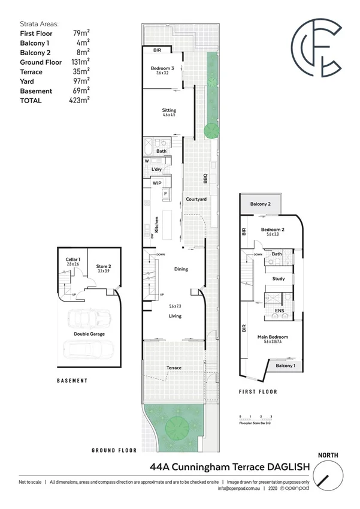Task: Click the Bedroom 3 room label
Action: click(162, 69)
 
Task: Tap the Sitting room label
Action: click(169, 110)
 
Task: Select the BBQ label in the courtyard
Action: click(204, 178)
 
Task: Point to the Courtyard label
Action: click(196, 199)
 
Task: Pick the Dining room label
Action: click(181, 269)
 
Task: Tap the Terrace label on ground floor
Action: click(174, 366)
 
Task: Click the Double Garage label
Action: click(90, 333)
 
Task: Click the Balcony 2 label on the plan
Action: click(261, 204)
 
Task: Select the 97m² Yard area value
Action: click(80, 81)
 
